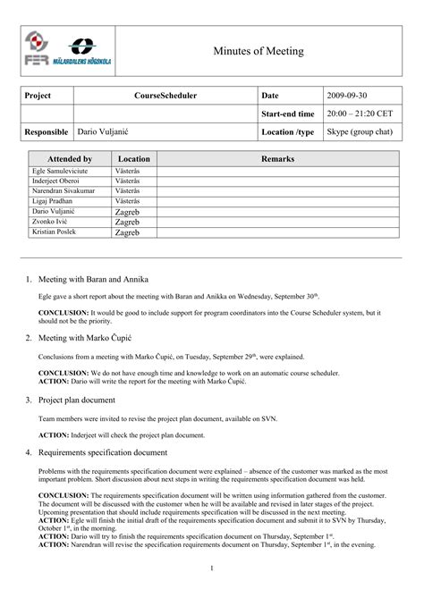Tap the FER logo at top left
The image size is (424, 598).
click(36, 50)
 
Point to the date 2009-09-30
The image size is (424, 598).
click(346, 95)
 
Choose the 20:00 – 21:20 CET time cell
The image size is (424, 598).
click(360, 114)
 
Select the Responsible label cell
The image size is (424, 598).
click(47, 131)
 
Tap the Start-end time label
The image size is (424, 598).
click(287, 114)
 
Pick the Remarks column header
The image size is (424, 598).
click(277, 158)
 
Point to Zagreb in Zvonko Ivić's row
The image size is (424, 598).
click(127, 222)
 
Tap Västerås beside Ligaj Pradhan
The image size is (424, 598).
click(127, 201)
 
